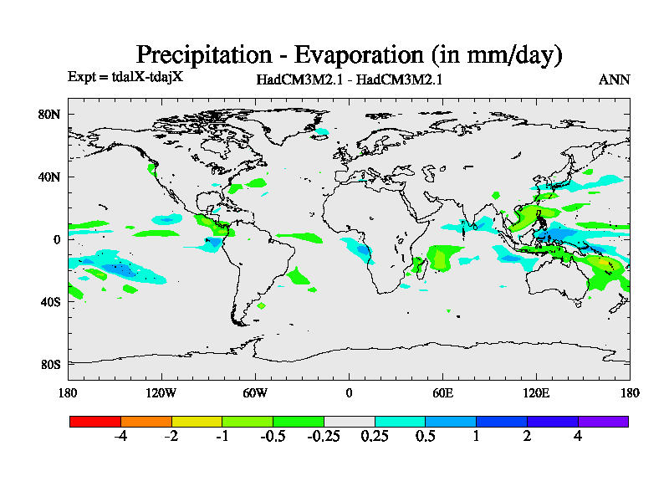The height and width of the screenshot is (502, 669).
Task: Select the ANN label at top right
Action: point(615,79)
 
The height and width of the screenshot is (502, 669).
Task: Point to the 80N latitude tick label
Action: point(51,114)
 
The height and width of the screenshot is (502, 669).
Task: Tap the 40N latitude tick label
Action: point(51,177)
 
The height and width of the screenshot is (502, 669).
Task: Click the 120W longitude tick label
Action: point(161,392)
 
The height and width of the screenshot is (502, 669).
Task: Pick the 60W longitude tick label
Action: point(255,392)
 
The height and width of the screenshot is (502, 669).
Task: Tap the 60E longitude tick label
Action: point(442,392)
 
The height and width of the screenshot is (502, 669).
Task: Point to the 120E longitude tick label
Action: point(536,392)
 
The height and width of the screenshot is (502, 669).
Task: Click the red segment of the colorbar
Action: point(94,421)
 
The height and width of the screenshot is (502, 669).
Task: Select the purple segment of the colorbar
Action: point(603,421)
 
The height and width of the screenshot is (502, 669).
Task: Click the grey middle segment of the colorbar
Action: point(349,421)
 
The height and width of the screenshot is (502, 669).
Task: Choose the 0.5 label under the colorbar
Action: point(425,436)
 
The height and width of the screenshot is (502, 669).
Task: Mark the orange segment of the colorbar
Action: point(146,421)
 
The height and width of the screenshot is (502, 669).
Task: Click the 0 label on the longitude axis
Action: point(349,392)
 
